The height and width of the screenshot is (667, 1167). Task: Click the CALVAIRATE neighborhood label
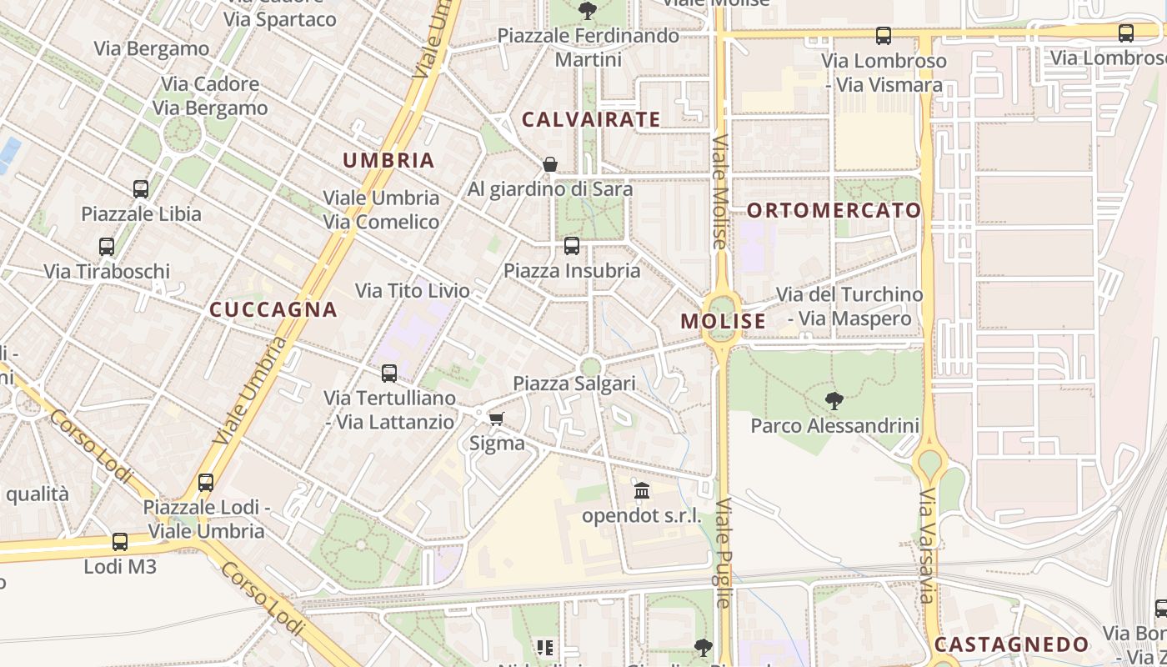(591, 119)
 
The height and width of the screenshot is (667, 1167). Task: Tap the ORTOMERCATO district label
(834, 210)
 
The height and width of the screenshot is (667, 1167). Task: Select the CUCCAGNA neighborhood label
(273, 309)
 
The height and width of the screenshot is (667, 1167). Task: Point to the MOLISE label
(723, 321)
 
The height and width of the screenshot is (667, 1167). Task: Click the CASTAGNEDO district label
(1011, 644)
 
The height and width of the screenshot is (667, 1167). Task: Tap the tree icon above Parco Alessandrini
(833, 400)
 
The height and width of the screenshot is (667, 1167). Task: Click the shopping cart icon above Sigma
(496, 419)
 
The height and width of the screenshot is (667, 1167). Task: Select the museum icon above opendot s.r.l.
(641, 490)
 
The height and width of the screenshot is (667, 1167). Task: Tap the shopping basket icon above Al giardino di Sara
(549, 164)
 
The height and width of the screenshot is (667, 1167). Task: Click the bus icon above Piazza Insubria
(571, 246)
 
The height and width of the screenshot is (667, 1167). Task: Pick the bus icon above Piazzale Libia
(141, 189)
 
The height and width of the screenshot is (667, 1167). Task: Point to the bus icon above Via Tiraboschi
(107, 247)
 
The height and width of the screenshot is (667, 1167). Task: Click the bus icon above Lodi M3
(120, 542)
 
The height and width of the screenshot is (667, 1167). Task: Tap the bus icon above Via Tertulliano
(389, 374)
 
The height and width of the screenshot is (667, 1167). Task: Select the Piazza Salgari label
(574, 384)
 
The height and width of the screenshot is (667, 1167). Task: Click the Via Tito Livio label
(413, 291)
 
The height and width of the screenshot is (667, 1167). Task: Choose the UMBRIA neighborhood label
(388, 161)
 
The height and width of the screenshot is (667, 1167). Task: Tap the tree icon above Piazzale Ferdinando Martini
(588, 11)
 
